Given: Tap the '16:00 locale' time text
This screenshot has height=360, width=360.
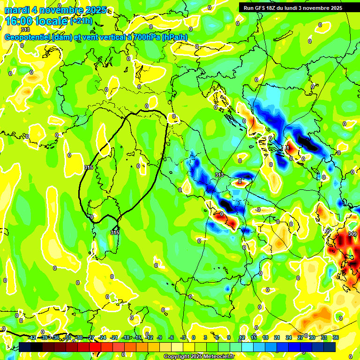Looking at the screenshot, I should pyautogui.click(x=36, y=21).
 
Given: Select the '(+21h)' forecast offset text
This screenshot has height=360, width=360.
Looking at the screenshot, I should pyautogui.click(x=82, y=21).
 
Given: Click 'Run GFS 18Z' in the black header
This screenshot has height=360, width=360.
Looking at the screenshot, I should pyautogui.click(x=260, y=7).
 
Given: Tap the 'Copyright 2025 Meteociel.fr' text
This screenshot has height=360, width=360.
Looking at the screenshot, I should pyautogui.click(x=199, y=356).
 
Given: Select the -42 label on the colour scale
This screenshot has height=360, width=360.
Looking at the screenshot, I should pyautogui.click(x=32, y=337).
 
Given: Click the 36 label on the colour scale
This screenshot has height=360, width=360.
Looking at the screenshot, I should pyautogui.click(x=335, y=337).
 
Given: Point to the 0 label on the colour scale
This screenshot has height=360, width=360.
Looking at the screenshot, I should pyautogui.click(x=194, y=337).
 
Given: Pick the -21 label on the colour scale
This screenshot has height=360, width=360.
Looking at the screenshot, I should pyautogui.click(x=114, y=337).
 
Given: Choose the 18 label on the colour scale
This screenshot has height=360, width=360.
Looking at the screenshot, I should pyautogui.click(x=265, y=337).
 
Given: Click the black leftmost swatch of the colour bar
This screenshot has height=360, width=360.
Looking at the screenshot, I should pyautogui.click(x=25, y=347).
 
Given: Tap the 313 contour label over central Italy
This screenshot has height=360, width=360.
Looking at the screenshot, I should pyautogui.click(x=219, y=174).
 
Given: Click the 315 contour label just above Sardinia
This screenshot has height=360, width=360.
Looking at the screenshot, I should pyautogui.click(x=115, y=232).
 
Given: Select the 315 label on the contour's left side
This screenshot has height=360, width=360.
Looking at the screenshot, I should pyautogui.click(x=88, y=167).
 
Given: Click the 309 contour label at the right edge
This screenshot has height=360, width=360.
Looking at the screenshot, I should pyautogui.click(x=352, y=233).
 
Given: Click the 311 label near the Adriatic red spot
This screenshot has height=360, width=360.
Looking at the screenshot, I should pyautogui.click(x=286, y=148).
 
